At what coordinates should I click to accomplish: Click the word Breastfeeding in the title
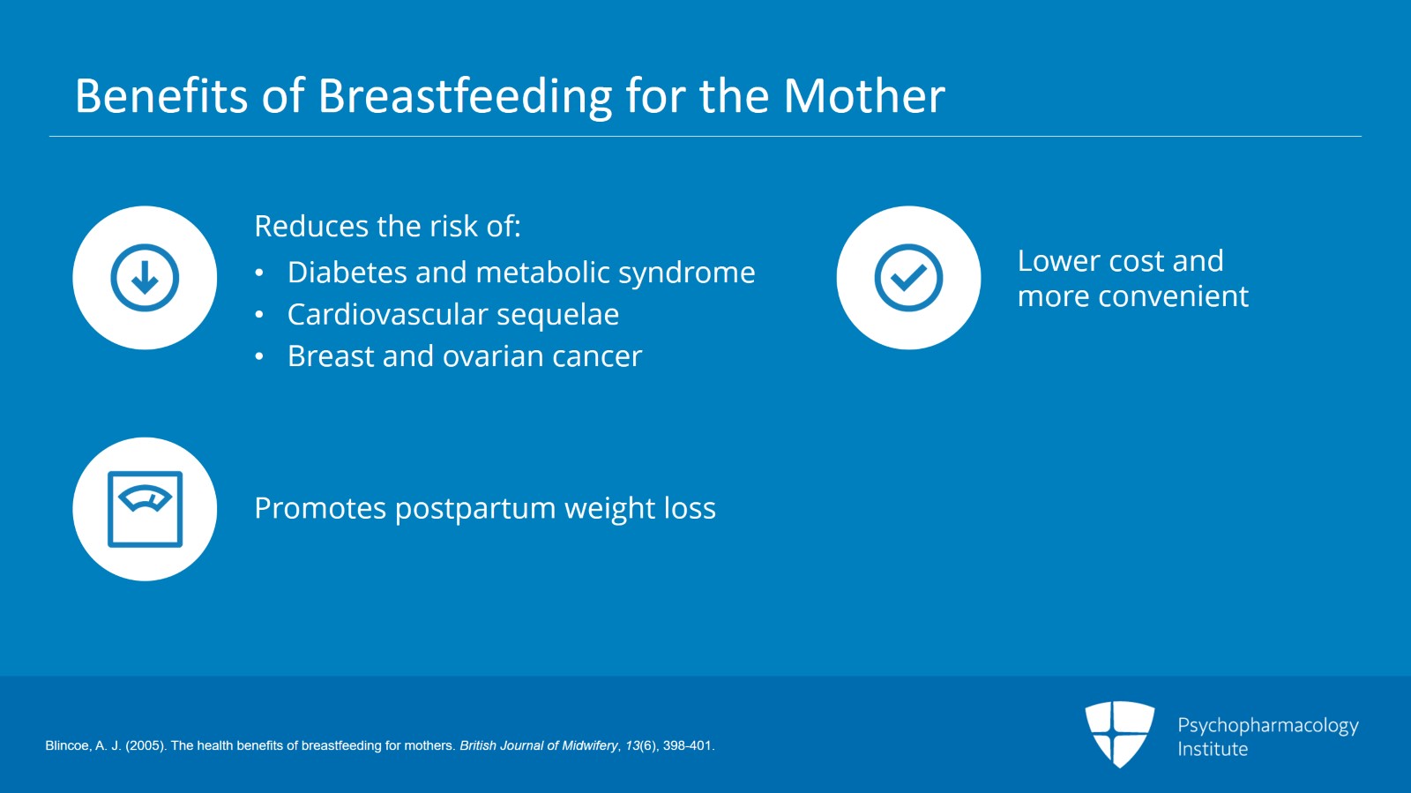point(465,96)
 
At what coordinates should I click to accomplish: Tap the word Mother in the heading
point(863,96)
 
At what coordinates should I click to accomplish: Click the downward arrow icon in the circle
point(145,278)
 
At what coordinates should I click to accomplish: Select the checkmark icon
point(908,278)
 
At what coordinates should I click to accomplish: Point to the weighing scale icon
point(145,509)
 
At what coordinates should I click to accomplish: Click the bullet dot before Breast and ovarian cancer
point(259,357)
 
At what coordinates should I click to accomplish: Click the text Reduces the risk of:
point(387,227)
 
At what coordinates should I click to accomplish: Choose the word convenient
point(1173,296)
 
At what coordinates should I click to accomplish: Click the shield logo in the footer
point(1119,734)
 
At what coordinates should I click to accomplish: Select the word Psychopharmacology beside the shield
point(1267,725)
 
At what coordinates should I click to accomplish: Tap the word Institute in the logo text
point(1213,749)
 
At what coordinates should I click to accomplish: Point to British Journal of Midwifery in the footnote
point(539,746)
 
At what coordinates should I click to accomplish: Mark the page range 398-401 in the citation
point(687,746)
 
